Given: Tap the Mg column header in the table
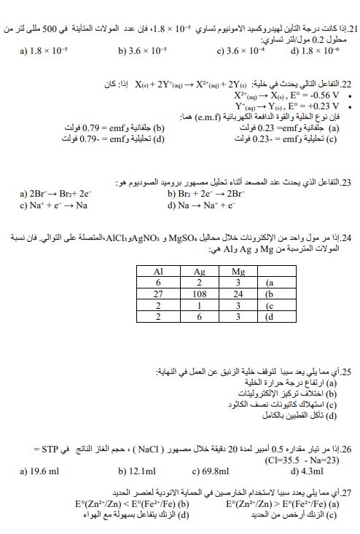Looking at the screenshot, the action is (x=241, y=270).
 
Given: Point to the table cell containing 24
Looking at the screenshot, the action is (x=241, y=294).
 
